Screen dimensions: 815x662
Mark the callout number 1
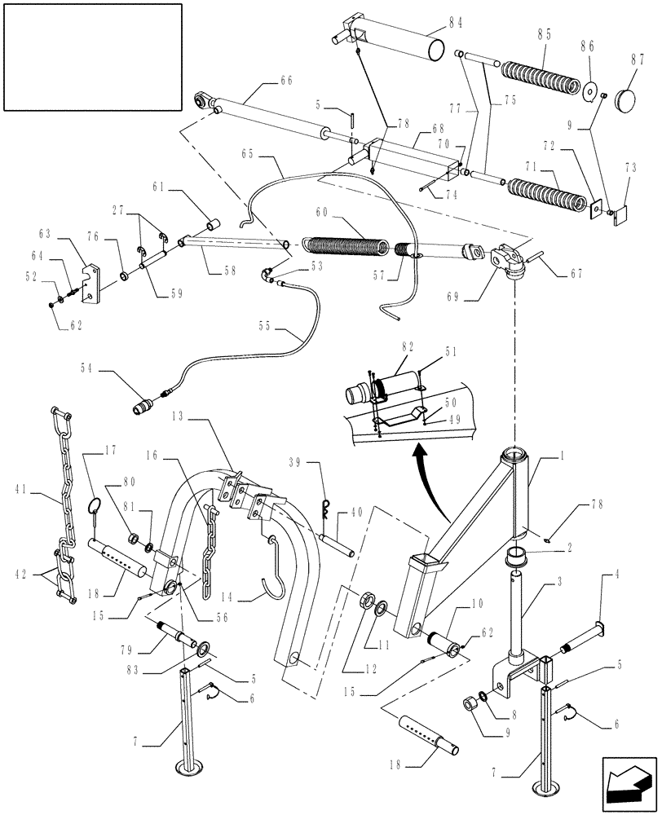(x=559, y=459)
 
